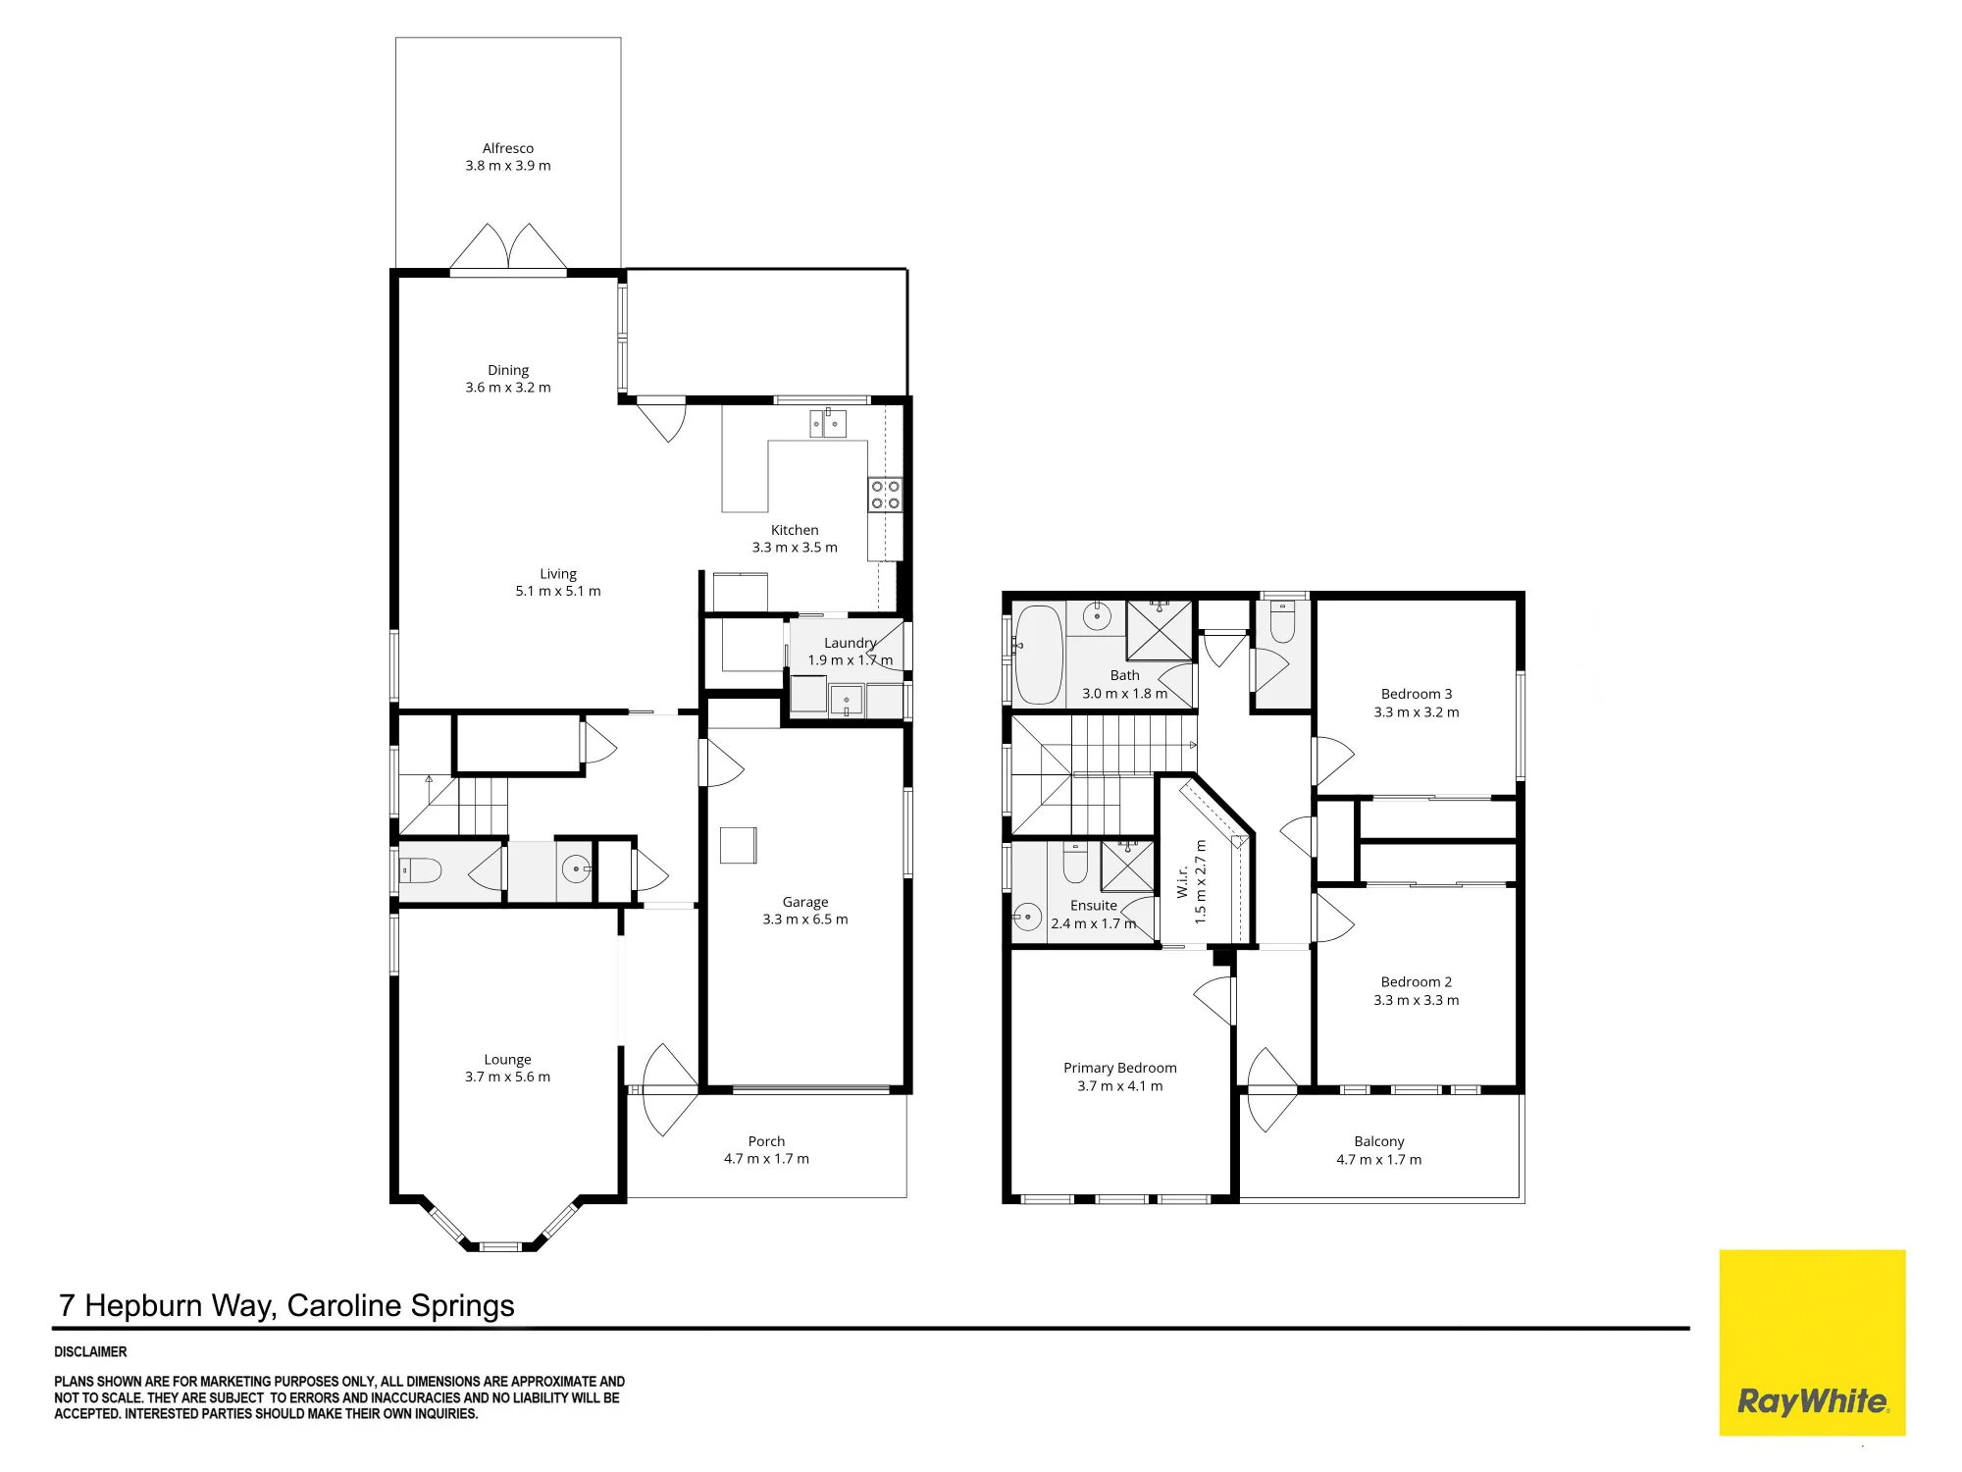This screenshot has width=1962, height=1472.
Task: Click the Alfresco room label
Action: (x=508, y=148)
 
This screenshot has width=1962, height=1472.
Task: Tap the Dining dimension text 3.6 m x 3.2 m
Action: (x=508, y=388)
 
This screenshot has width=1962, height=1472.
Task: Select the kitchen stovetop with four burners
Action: (x=885, y=495)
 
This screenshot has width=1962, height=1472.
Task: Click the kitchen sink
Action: (x=828, y=424)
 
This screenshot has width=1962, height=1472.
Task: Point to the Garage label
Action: (x=805, y=902)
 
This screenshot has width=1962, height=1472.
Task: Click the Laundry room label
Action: (x=851, y=643)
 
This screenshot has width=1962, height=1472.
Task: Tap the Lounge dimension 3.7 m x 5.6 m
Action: (x=507, y=1077)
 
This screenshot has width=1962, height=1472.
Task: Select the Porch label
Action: (x=766, y=1141)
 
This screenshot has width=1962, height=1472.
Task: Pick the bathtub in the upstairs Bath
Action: (x=1039, y=655)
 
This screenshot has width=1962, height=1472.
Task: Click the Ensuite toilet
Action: (x=1076, y=862)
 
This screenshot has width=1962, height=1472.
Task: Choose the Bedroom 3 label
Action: (x=1416, y=694)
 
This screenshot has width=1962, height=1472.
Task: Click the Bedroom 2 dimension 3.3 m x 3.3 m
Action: (x=1416, y=1000)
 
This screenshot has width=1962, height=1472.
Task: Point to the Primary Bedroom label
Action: (x=1119, y=1068)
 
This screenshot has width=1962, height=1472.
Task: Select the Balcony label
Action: (x=1378, y=1141)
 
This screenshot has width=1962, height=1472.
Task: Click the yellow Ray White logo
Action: (x=1812, y=1342)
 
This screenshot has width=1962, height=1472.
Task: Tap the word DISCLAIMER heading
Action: (x=90, y=1351)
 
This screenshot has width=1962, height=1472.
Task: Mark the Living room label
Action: (x=558, y=574)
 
